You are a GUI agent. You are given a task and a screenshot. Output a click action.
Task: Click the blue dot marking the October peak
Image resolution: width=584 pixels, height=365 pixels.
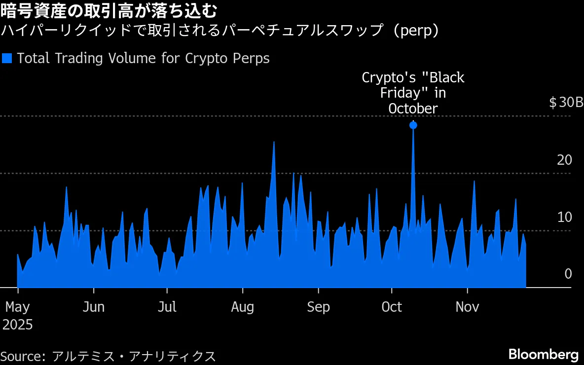pyautogui.click(x=413, y=125)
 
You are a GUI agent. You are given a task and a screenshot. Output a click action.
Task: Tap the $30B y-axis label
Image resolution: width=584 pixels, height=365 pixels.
pyautogui.click(x=566, y=103)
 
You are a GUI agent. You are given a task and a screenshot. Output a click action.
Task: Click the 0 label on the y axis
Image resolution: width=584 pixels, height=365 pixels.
pyautogui.click(x=568, y=274)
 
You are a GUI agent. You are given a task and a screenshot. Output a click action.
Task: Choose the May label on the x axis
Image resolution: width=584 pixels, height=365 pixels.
pyautogui.click(x=17, y=307)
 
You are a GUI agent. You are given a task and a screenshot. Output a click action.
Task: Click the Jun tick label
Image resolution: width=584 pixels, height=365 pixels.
pyautogui.click(x=93, y=307)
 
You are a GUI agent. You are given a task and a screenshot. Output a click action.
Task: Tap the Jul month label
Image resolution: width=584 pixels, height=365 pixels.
pyautogui.click(x=167, y=307)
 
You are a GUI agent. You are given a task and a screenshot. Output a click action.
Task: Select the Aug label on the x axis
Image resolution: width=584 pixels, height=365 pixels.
pyautogui.click(x=243, y=307)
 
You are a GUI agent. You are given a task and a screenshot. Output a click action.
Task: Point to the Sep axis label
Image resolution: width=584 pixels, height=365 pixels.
pyautogui.click(x=318, y=307)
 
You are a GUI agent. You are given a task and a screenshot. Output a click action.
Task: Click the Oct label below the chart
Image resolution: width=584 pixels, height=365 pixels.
pyautogui.click(x=392, y=307)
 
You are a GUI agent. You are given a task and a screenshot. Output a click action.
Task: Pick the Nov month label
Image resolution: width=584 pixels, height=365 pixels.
pyautogui.click(x=467, y=307)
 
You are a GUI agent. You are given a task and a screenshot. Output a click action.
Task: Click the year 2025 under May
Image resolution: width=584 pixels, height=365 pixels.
pyautogui.click(x=17, y=325)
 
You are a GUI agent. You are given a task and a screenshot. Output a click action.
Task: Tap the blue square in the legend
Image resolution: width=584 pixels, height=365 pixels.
pyautogui.click(x=7, y=58)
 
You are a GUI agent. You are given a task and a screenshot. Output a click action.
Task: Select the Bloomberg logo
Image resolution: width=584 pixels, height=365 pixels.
pyautogui.click(x=543, y=354)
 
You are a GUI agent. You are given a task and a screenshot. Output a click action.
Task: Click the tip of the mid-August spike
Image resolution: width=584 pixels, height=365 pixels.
pyautogui.click(x=274, y=142)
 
